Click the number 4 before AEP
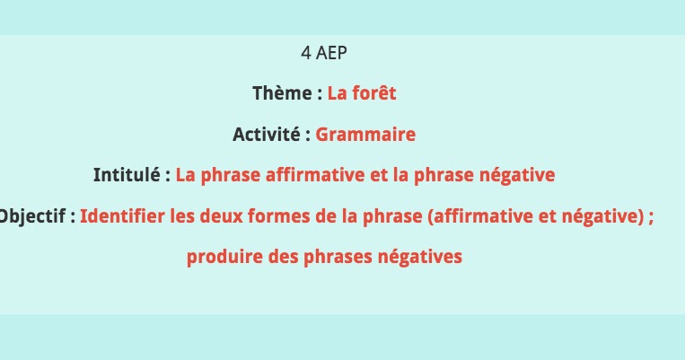(306, 53)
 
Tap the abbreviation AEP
(331, 53)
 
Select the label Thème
(283, 93)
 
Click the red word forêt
(374, 93)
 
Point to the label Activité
(267, 135)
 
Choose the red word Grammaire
(365, 135)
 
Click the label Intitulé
(127, 175)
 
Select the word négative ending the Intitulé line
(522, 175)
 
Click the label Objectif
(32, 216)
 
